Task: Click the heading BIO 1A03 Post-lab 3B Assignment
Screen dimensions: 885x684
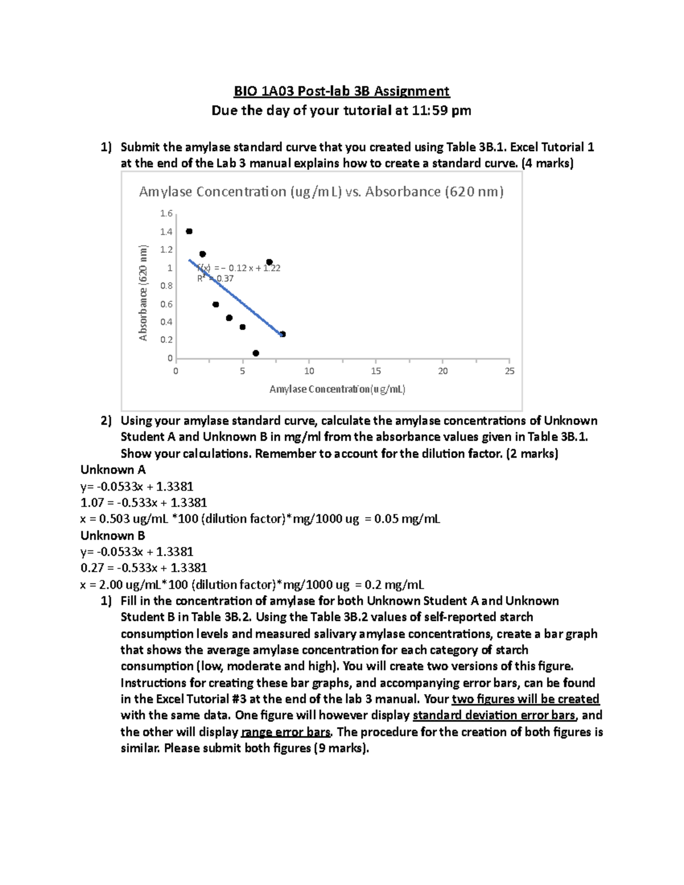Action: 341,91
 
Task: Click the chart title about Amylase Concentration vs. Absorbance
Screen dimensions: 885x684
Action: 321,192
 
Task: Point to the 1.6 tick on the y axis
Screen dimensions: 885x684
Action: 166,214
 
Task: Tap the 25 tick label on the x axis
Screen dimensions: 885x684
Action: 510,371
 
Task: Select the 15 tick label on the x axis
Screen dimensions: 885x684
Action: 376,371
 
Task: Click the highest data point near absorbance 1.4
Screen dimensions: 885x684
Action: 189,231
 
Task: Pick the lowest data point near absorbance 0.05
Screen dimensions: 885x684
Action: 256,353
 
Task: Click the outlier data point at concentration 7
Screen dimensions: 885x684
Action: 270,262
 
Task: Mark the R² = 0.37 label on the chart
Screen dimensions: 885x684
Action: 215,279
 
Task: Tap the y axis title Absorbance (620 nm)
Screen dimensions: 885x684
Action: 143,293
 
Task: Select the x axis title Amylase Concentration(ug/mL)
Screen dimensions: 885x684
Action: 337,389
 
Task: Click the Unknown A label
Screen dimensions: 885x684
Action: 113,470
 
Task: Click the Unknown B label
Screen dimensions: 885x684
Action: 113,536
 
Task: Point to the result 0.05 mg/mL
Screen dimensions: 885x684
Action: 407,519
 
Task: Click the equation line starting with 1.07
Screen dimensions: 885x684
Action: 144,503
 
